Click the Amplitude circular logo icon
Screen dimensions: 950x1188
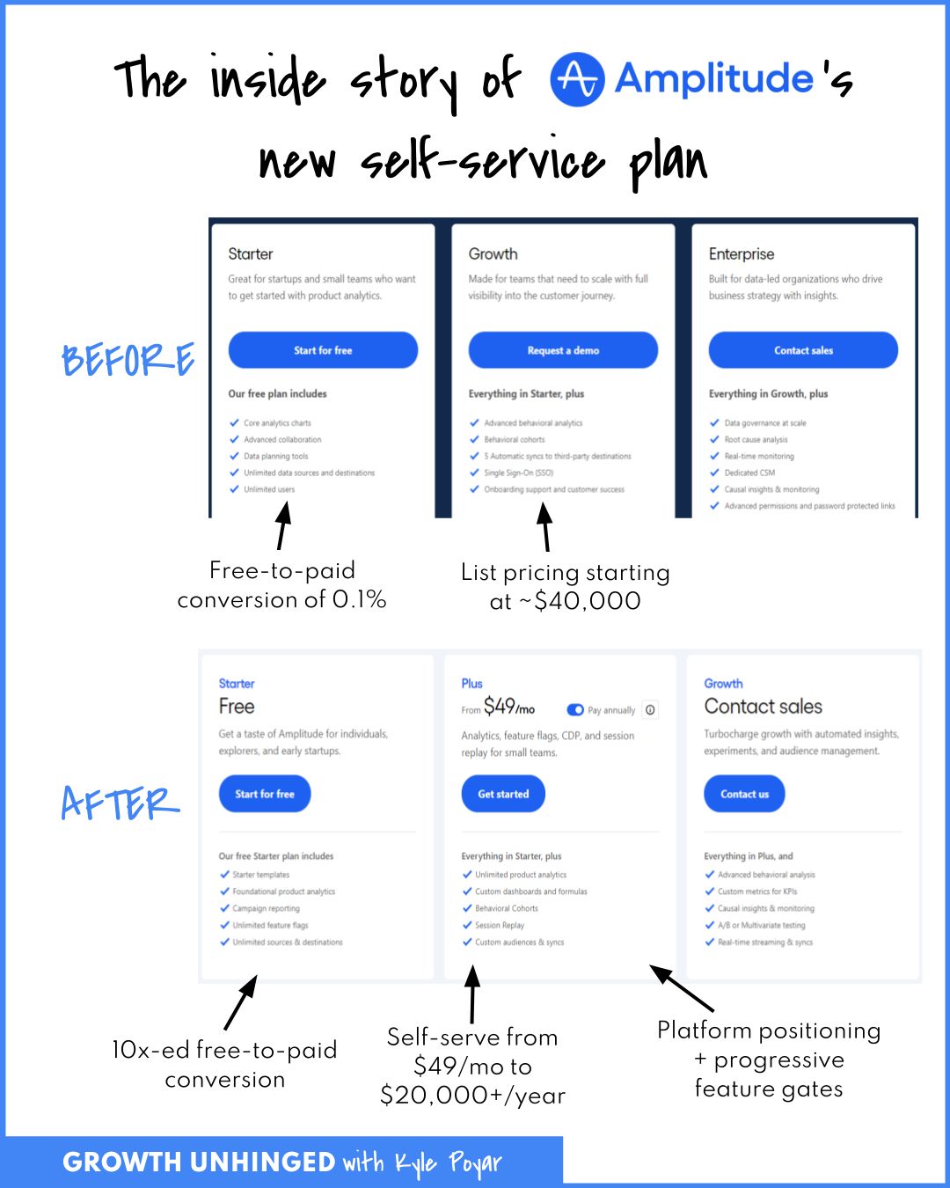577,79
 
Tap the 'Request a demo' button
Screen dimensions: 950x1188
563,350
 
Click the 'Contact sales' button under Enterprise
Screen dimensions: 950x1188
803,350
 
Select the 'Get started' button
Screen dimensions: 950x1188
503,794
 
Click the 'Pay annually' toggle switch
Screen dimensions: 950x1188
575,710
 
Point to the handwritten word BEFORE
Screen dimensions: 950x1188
128,359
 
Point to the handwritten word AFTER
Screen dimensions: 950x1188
121,803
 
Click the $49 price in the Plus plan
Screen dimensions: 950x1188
499,706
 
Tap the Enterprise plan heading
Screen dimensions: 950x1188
742,254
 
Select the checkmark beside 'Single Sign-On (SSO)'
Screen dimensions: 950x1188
474,473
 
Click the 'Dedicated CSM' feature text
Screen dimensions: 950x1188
749,473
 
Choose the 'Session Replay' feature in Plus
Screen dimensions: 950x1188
500,925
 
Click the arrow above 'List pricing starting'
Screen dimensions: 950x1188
545,526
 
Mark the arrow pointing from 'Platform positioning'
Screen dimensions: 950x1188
682,988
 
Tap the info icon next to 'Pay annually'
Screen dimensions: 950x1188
650,710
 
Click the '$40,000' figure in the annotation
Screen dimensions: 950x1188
588,601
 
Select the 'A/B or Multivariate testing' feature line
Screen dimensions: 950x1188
761,925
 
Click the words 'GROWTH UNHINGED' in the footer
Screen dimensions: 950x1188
199,1162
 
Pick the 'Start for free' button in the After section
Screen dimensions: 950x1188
265,794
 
